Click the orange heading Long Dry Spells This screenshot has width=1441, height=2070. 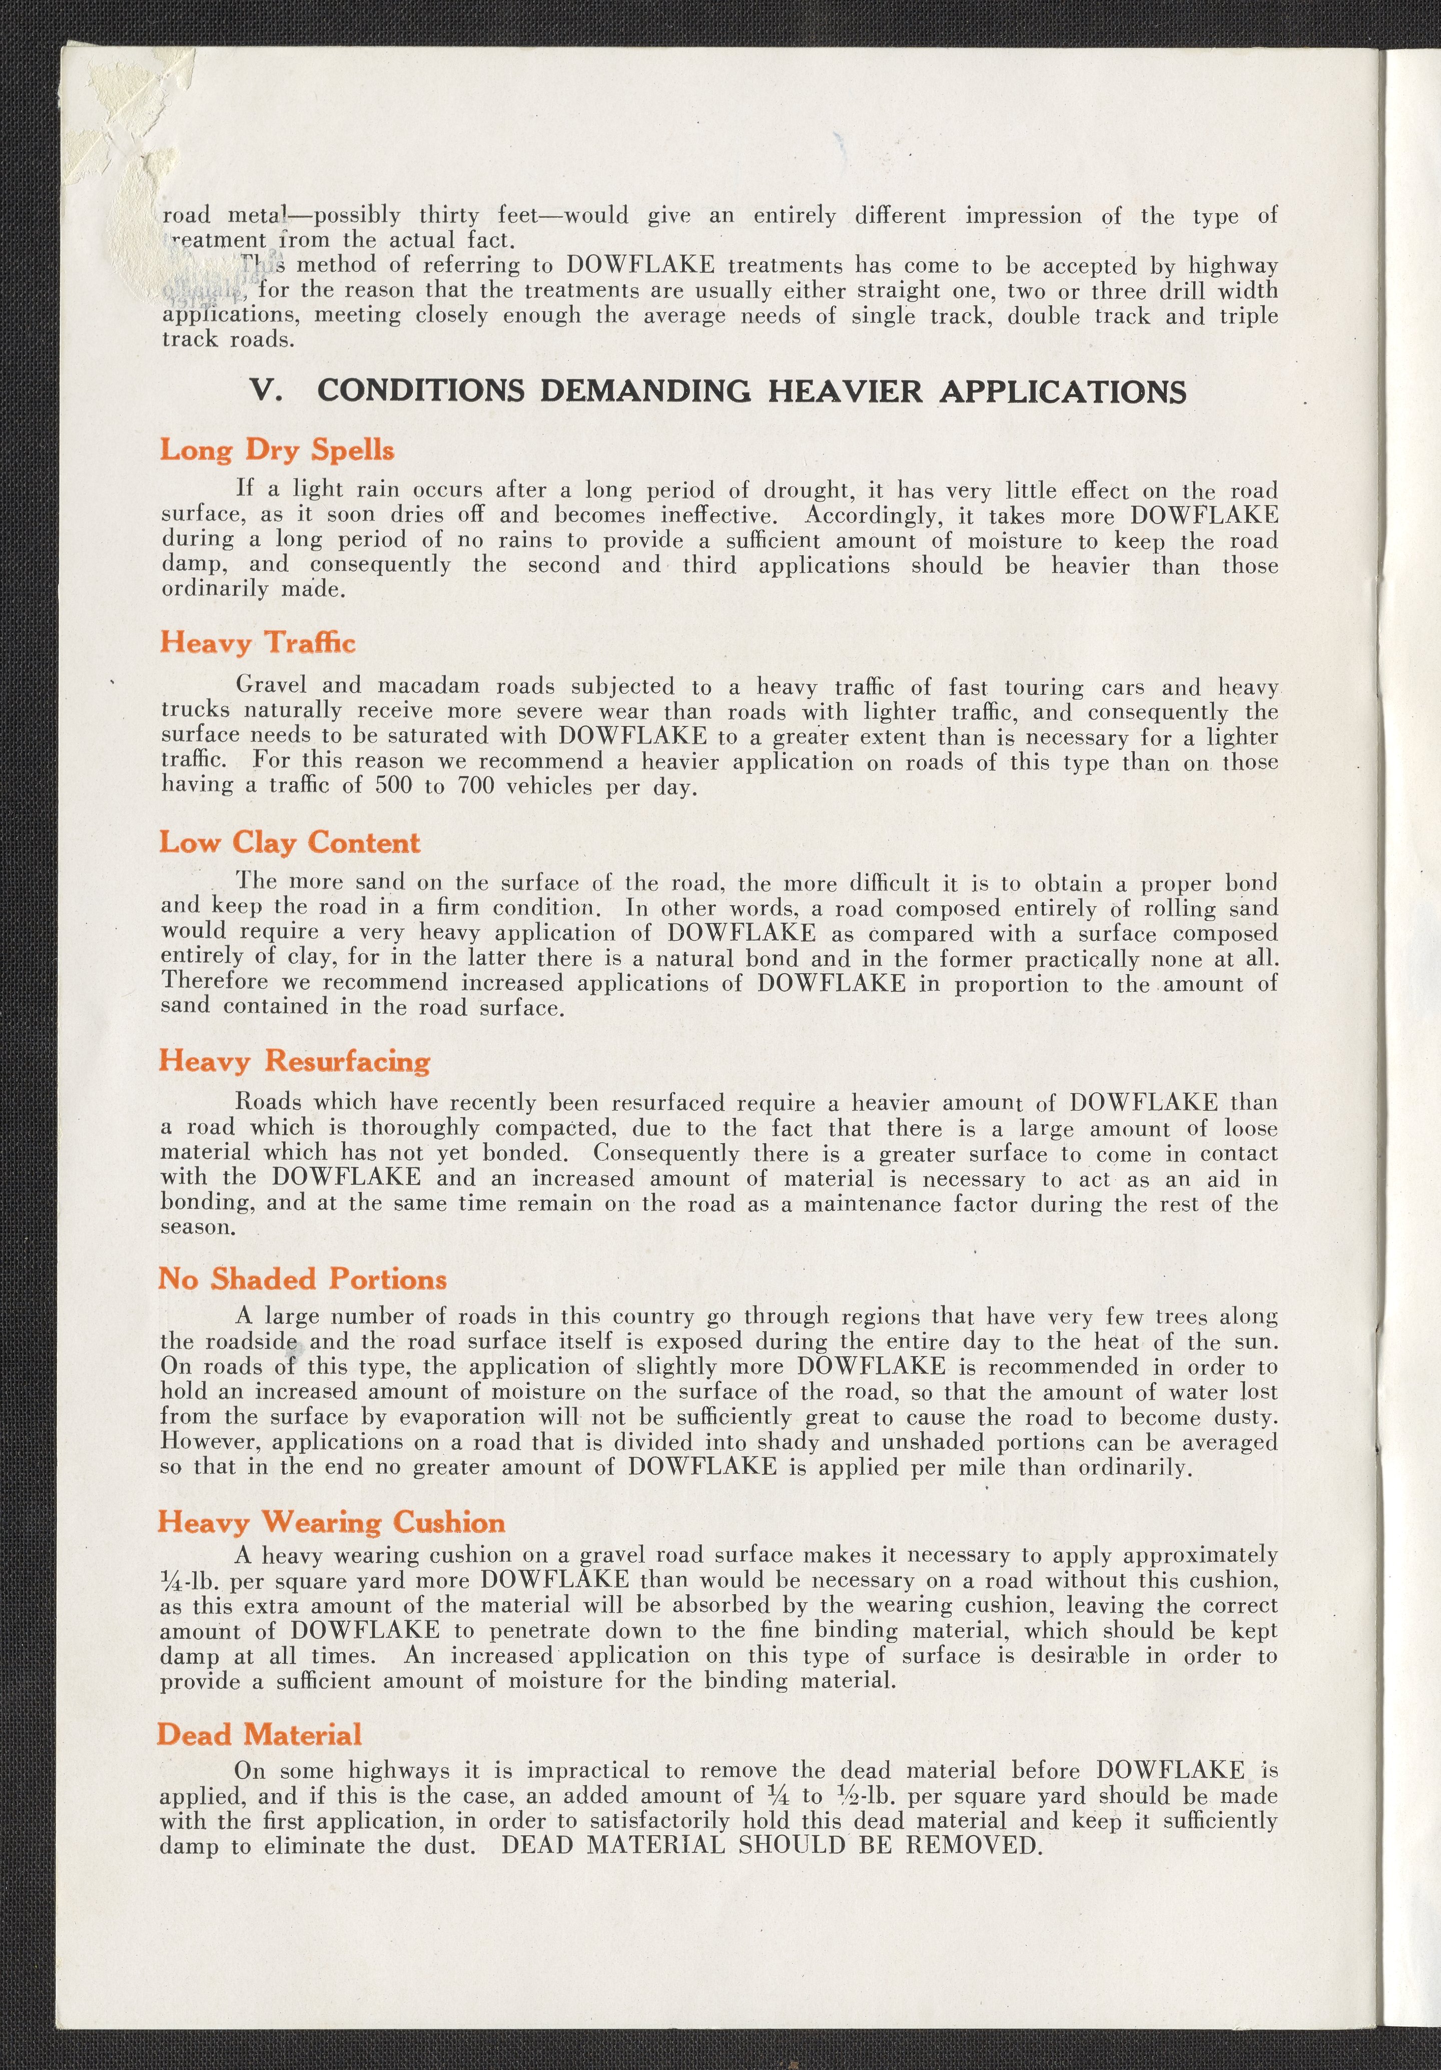[x=277, y=450]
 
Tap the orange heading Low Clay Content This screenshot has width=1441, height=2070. [x=289, y=843]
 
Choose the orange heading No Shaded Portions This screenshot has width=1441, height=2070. [x=302, y=1280]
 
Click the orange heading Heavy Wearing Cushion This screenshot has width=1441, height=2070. [x=331, y=1523]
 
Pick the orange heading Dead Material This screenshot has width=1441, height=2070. [x=260, y=1735]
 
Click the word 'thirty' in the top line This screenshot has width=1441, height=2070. [x=449, y=215]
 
